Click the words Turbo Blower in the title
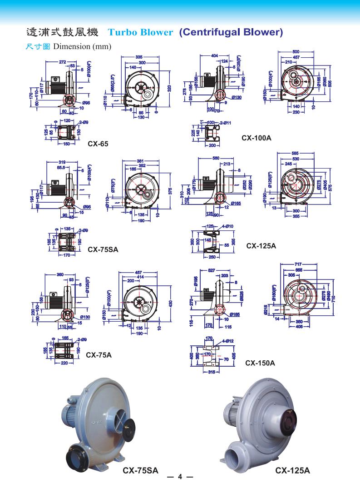pyautogui.click(x=140, y=33)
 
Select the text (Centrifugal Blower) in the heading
pyautogui.click(x=231, y=32)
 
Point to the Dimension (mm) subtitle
pyautogui.click(x=82, y=47)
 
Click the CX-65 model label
pyautogui.click(x=98, y=144)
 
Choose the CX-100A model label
pyautogui.click(x=256, y=137)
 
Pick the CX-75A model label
pyautogui.click(x=99, y=355)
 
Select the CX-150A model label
pyautogui.click(x=260, y=363)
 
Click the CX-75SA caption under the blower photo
pyautogui.click(x=141, y=471)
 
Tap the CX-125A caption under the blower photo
pyautogui.click(x=293, y=471)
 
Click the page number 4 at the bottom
pyautogui.click(x=180, y=477)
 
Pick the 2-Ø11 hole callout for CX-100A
pyautogui.click(x=226, y=123)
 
